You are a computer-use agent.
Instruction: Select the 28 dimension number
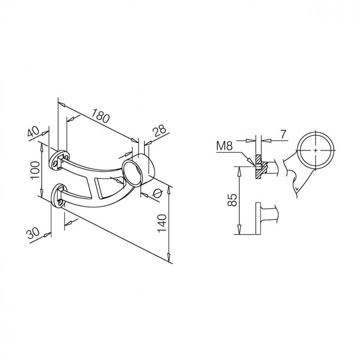pyautogui.click(x=159, y=130)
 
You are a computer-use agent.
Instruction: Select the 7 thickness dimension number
pyautogui.click(x=283, y=135)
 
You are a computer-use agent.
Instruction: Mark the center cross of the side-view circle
pyautogui.click(x=316, y=151)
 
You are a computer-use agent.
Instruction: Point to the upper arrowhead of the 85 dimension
pyautogui.click(x=239, y=169)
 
